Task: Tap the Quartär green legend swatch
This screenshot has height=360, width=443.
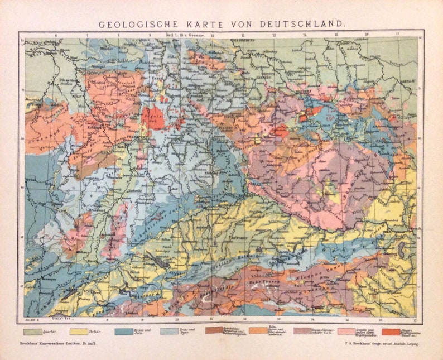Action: pos(36,332)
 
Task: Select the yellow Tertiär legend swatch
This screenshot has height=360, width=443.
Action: pos(80,332)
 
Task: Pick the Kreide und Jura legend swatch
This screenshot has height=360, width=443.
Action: pos(124,332)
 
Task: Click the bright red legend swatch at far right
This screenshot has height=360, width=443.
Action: pos(391,332)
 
